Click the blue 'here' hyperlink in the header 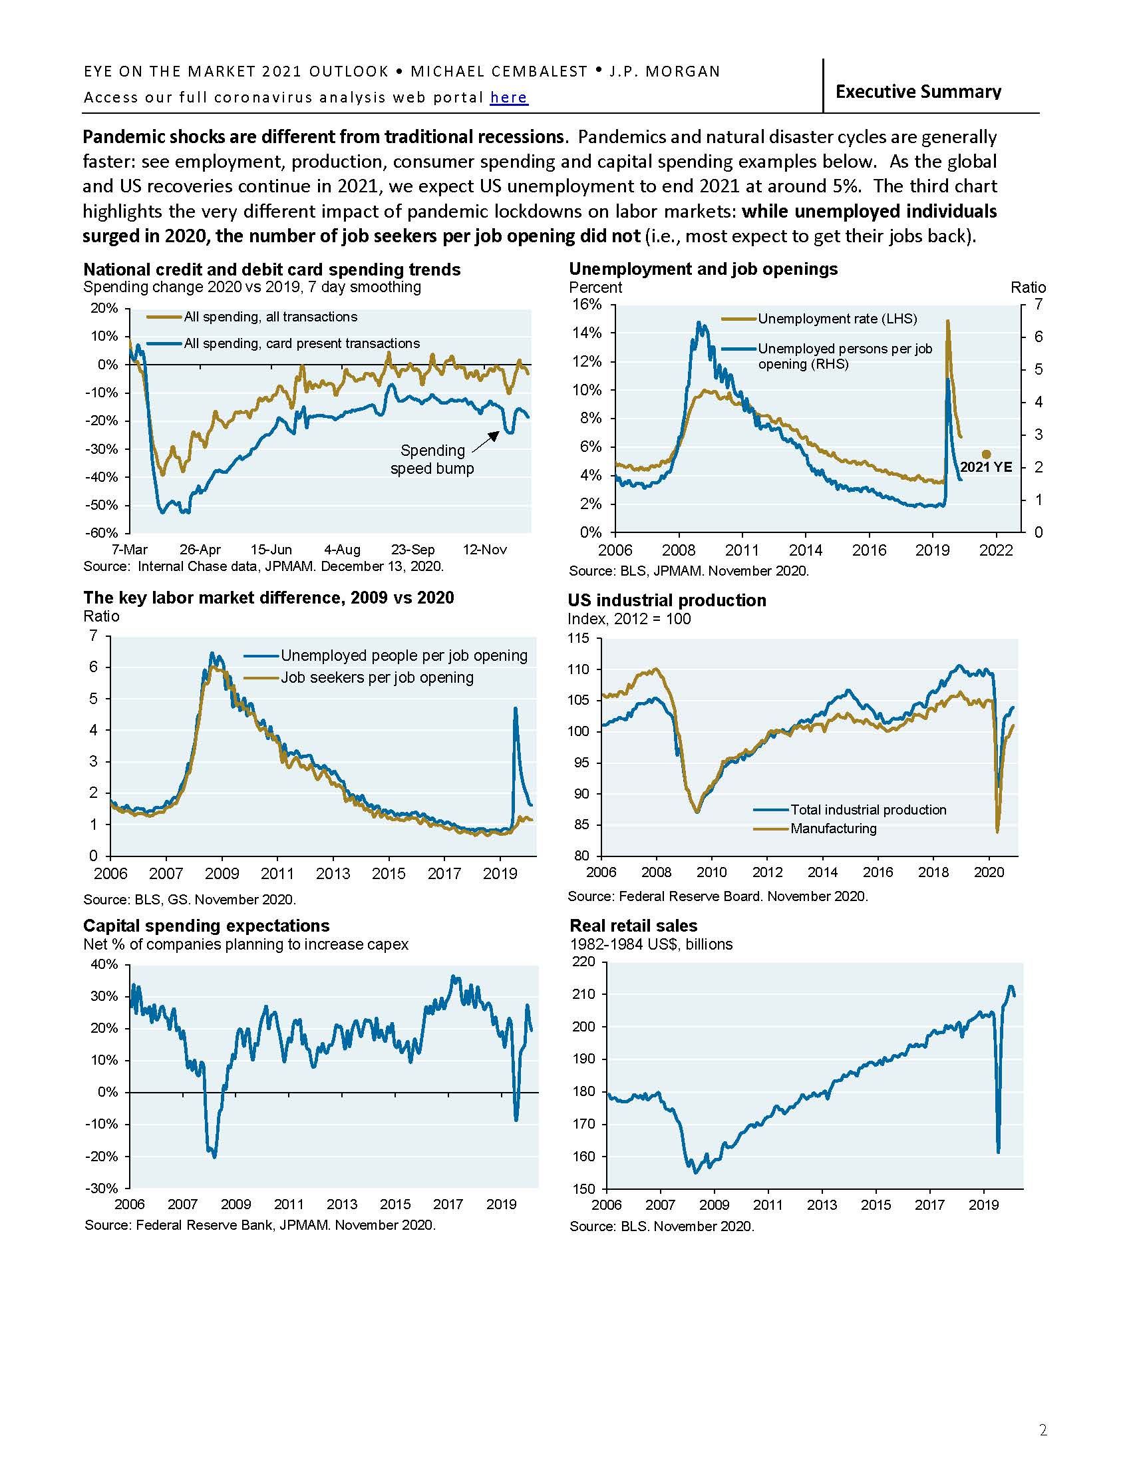pyautogui.click(x=508, y=98)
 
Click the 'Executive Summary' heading pyautogui.click(x=918, y=91)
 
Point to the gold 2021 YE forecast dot pyautogui.click(x=986, y=454)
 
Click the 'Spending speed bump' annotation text pyautogui.click(x=432, y=459)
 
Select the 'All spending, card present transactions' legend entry pyautogui.click(x=301, y=343)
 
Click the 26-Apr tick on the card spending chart pyautogui.click(x=200, y=550)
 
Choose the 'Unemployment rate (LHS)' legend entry pyautogui.click(x=837, y=318)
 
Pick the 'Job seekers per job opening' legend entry pyautogui.click(x=377, y=677)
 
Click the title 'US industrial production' pyautogui.click(x=667, y=600)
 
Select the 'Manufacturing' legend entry pyautogui.click(x=833, y=828)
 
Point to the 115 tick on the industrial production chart pyautogui.click(x=578, y=638)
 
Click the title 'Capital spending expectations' pyautogui.click(x=206, y=926)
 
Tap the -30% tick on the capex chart pyautogui.click(x=103, y=1189)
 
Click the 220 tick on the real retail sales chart pyautogui.click(x=583, y=962)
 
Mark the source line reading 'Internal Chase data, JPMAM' pyautogui.click(x=263, y=566)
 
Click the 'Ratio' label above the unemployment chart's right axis pyautogui.click(x=1028, y=287)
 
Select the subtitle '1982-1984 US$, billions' pyautogui.click(x=651, y=944)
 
